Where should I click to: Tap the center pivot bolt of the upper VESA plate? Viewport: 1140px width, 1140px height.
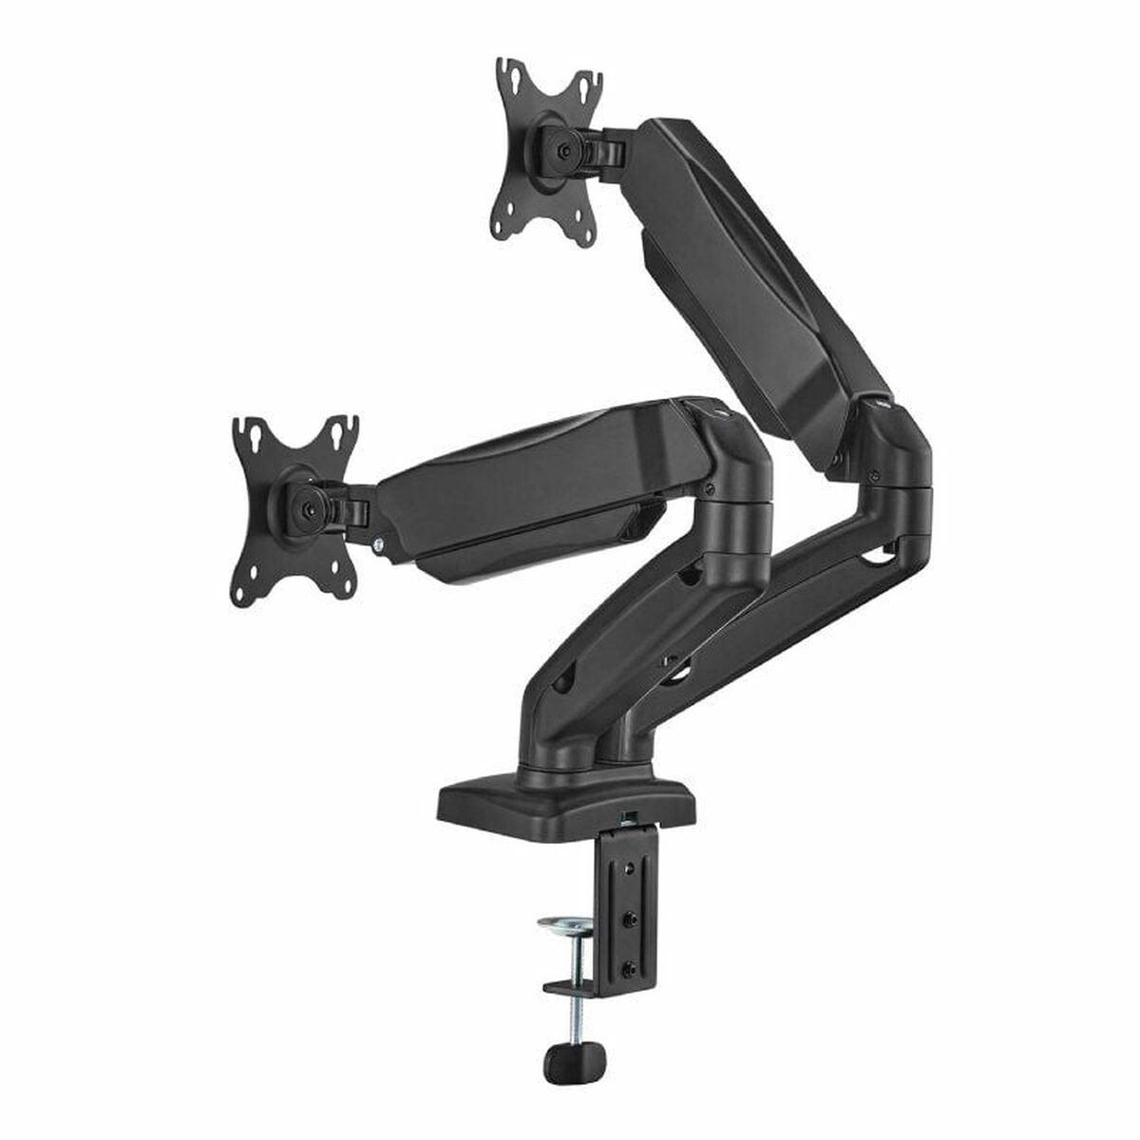[567, 150]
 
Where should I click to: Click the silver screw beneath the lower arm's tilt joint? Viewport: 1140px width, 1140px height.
[380, 544]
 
